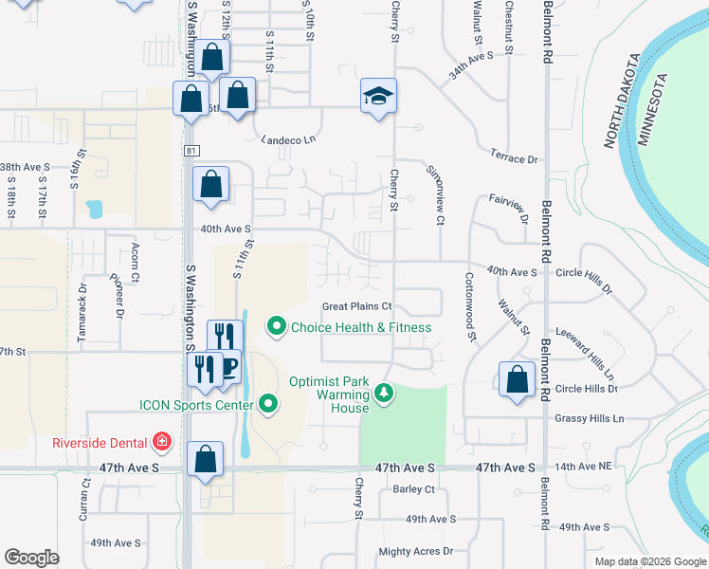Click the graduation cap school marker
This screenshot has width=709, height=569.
tap(378, 96)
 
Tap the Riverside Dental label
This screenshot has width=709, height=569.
tap(100, 443)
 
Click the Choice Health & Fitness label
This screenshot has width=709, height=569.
tap(360, 327)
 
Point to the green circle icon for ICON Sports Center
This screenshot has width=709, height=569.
tap(269, 405)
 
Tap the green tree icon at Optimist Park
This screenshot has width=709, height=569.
tap(383, 392)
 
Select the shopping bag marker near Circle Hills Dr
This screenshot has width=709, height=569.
tap(517, 380)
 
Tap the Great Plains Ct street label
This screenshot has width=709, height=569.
tap(357, 306)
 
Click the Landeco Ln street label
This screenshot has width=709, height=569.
tap(288, 139)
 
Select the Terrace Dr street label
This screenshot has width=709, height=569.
tap(514, 158)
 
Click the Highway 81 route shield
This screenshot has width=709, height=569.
tap(192, 150)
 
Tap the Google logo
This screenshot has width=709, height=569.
tap(32, 558)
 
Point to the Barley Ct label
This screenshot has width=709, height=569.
tap(412, 490)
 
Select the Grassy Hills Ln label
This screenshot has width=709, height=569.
tap(591, 418)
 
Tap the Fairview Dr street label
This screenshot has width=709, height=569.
tap(509, 205)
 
